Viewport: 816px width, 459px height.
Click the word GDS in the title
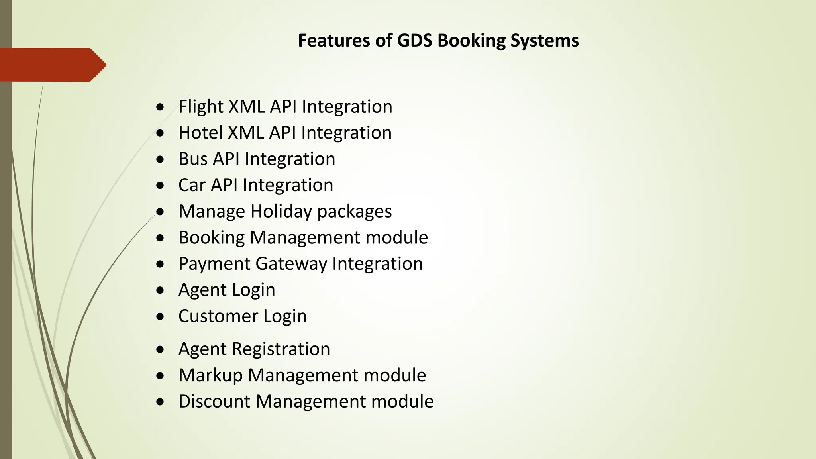coord(414,41)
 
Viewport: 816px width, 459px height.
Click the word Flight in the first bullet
coord(201,107)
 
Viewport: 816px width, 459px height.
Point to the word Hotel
coord(200,133)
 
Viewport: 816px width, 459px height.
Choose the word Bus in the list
coord(193,159)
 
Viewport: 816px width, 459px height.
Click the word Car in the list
coord(192,185)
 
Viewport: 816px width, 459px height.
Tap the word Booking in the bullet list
coord(212,238)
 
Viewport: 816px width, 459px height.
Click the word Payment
coord(214,264)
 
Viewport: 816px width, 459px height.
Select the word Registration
coord(281,349)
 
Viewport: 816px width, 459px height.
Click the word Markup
coord(210,375)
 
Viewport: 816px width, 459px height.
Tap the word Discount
coord(214,401)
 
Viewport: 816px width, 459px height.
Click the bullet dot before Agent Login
coord(160,290)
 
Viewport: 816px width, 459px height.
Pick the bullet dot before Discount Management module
coord(160,402)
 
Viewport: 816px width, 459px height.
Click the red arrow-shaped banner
coord(52,65)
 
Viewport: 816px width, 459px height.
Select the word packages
coord(355,212)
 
